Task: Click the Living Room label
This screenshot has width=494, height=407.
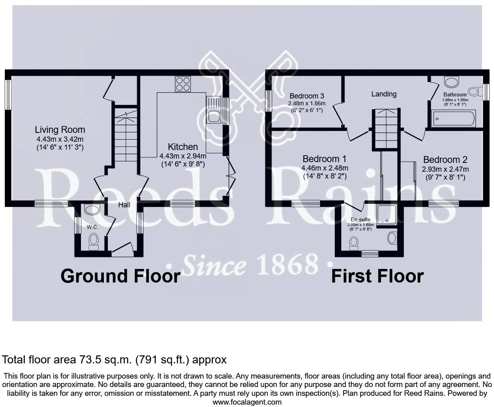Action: tap(60, 130)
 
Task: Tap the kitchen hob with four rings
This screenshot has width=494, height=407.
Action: tap(183, 84)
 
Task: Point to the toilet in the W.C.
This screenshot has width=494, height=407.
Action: tap(94, 241)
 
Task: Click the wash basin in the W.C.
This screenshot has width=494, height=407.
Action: tap(93, 210)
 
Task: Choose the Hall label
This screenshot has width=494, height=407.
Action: tap(124, 205)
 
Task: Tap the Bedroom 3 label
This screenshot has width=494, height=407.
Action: tap(307, 96)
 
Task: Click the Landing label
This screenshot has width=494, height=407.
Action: tap(384, 94)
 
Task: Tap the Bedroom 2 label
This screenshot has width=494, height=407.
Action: tap(445, 160)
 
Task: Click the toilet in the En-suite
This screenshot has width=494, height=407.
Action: tap(354, 243)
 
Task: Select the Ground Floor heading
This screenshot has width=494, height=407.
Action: tap(120, 276)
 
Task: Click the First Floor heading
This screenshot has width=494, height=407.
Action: tap(377, 276)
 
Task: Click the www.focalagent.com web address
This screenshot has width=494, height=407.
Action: tap(247, 402)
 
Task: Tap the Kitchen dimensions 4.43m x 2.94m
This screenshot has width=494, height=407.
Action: tap(183, 156)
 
